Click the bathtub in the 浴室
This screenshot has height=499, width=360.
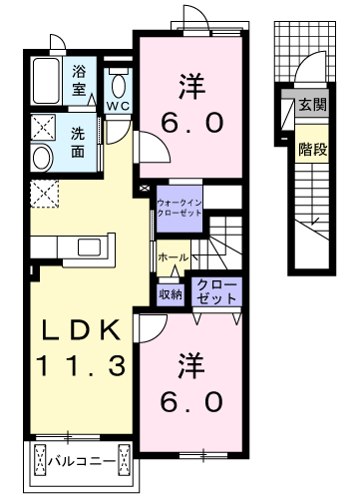(47, 81)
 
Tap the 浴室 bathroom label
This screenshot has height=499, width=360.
(79, 81)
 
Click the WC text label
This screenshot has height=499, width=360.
(118, 106)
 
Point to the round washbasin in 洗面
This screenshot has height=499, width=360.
(42, 158)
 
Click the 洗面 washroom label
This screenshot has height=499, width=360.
(78, 142)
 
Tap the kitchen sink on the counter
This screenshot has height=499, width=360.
(89, 248)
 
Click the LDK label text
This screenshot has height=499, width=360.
(81, 330)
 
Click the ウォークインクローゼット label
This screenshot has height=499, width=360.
(180, 208)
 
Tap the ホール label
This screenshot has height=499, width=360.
(174, 257)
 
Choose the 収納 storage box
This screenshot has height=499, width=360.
(171, 294)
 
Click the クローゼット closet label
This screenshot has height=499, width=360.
(216, 291)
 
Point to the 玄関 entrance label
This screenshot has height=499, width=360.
(312, 105)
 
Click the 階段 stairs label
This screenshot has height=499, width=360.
(312, 149)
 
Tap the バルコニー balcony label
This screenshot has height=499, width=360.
(82, 462)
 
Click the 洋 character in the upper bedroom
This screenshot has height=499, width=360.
(191, 87)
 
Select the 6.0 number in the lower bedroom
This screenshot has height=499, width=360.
(191, 401)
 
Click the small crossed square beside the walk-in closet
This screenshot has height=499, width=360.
(145, 189)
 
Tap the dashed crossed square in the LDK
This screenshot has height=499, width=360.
(44, 194)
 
